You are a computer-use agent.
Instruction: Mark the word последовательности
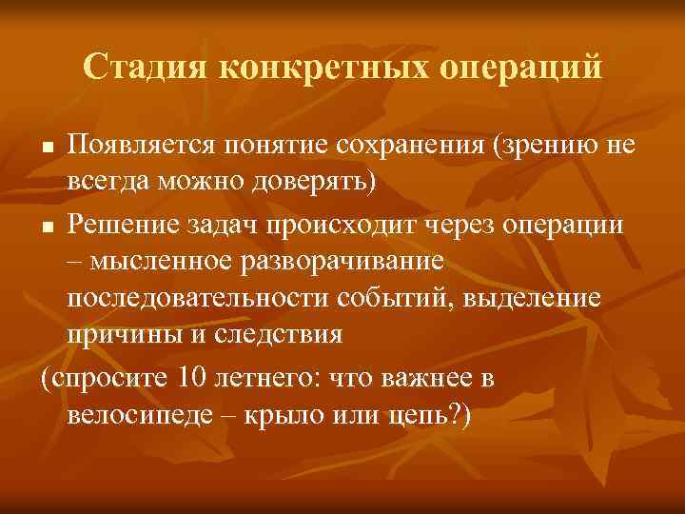[x=198, y=298]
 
